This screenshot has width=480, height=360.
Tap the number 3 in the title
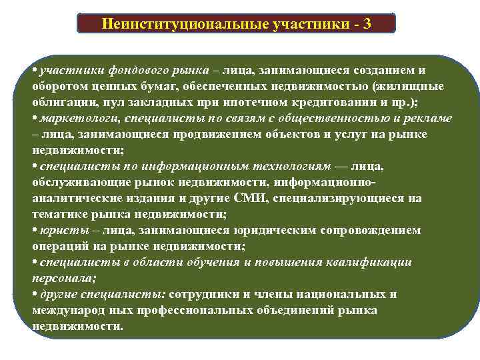[x=367, y=24]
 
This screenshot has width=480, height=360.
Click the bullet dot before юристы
[x=34, y=231]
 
